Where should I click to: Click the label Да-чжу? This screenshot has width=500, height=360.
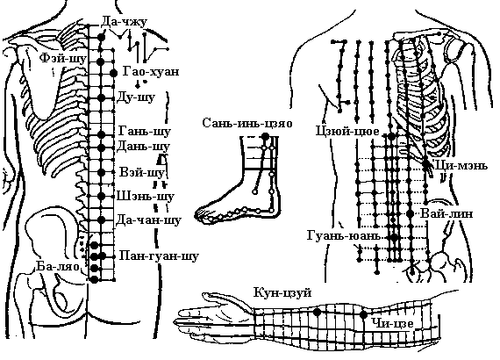(125, 22)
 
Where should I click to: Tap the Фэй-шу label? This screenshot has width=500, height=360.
(63, 59)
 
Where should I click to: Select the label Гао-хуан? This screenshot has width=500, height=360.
(151, 71)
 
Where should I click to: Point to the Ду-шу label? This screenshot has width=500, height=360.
(136, 97)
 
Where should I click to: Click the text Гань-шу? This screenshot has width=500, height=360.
(145, 131)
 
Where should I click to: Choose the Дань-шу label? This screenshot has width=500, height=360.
(143, 147)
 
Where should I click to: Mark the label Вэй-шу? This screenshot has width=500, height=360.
(142, 172)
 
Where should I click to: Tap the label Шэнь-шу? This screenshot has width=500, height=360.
(146, 196)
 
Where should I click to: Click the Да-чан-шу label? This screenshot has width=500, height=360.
(148, 220)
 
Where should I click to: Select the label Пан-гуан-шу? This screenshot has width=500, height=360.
(159, 256)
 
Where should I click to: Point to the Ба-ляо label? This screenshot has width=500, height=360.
(57, 266)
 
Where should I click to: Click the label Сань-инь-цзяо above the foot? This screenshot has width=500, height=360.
(247, 123)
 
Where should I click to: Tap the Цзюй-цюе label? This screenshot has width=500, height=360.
(347, 131)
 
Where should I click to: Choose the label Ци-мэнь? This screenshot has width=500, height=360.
(461, 166)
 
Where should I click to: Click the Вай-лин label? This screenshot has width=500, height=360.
(446, 213)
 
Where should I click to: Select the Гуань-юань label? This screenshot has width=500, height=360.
(344, 236)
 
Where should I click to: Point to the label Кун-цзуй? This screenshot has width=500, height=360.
(282, 292)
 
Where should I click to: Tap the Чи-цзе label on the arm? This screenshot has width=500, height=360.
(392, 324)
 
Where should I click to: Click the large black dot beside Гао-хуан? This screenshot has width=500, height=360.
(113, 73)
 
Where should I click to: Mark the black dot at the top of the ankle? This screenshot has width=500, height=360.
(265, 137)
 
